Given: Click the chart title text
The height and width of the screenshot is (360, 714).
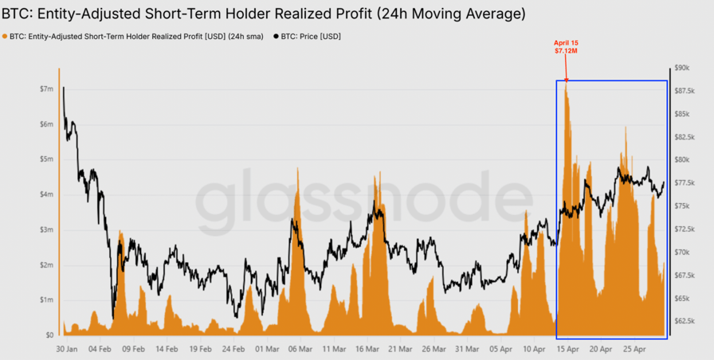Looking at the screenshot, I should click(263, 14).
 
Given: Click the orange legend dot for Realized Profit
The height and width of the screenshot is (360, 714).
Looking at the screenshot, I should click(6, 37).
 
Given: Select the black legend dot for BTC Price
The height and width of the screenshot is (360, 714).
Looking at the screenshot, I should click(277, 37).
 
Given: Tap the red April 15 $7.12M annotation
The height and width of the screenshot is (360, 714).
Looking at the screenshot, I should click(567, 46).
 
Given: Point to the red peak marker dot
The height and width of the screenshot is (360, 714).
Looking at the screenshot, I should click(567, 80).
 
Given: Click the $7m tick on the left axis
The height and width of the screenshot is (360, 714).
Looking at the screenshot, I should click(45, 89).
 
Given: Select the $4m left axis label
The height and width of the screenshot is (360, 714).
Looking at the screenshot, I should click(45, 194).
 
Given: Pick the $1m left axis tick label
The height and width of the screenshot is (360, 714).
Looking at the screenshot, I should click(45, 299).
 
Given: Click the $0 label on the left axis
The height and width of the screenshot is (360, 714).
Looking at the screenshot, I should click(49, 335).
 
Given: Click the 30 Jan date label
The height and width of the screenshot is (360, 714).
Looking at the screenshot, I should click(66, 349).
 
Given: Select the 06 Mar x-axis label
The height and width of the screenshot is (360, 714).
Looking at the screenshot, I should click(299, 349).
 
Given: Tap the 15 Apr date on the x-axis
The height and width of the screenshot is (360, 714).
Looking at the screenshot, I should click(567, 349).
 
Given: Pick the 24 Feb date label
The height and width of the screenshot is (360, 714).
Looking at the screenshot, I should click(233, 349).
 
